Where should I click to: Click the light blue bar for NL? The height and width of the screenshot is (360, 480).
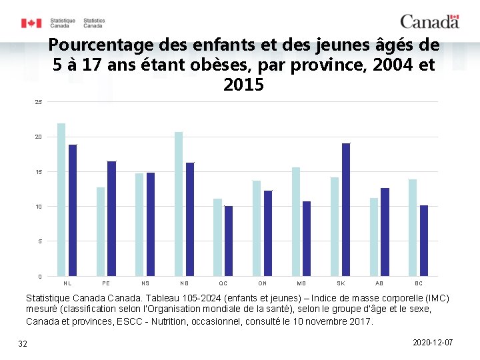61,199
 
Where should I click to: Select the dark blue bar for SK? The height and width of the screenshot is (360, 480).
346,209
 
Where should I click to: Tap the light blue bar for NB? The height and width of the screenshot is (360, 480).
179,204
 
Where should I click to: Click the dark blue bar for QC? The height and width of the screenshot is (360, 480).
229,241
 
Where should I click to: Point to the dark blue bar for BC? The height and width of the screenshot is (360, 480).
424,241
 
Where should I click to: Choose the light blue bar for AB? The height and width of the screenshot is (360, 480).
374,237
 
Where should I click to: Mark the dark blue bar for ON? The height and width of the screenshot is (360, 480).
268,233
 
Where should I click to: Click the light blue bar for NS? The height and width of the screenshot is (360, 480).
139,225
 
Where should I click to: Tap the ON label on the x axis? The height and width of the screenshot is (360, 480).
263,283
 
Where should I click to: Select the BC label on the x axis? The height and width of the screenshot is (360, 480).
419,283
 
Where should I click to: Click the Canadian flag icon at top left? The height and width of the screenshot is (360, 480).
31,23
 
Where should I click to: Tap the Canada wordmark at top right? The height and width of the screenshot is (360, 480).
429,21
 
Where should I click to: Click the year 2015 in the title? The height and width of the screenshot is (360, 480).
243,85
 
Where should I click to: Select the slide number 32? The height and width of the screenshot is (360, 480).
23,343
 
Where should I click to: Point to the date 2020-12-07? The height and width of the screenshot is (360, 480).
433,342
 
